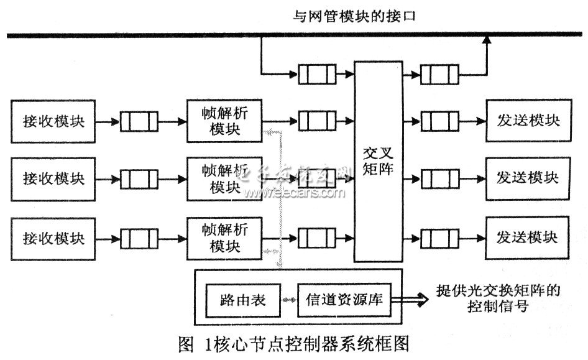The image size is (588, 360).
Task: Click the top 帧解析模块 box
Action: pos(224,121)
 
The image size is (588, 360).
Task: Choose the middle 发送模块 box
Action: pos(528,179)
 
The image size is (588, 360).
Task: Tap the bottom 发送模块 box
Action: pos(528,238)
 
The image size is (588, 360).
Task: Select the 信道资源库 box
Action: pos(344,300)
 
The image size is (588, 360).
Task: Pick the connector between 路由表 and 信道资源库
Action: pos(290,300)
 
